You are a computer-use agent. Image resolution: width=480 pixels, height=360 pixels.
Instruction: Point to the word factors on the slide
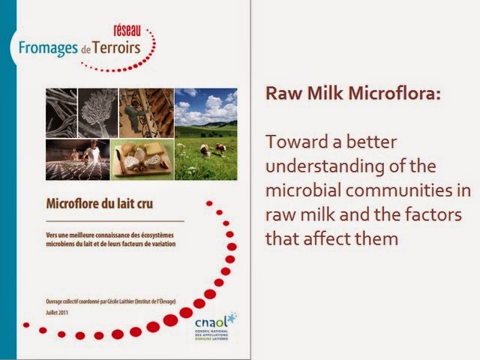[423, 214]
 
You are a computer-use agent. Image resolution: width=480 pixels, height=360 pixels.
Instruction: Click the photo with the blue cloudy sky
[206, 106]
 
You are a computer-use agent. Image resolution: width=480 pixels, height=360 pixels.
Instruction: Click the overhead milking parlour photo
[146, 112]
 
